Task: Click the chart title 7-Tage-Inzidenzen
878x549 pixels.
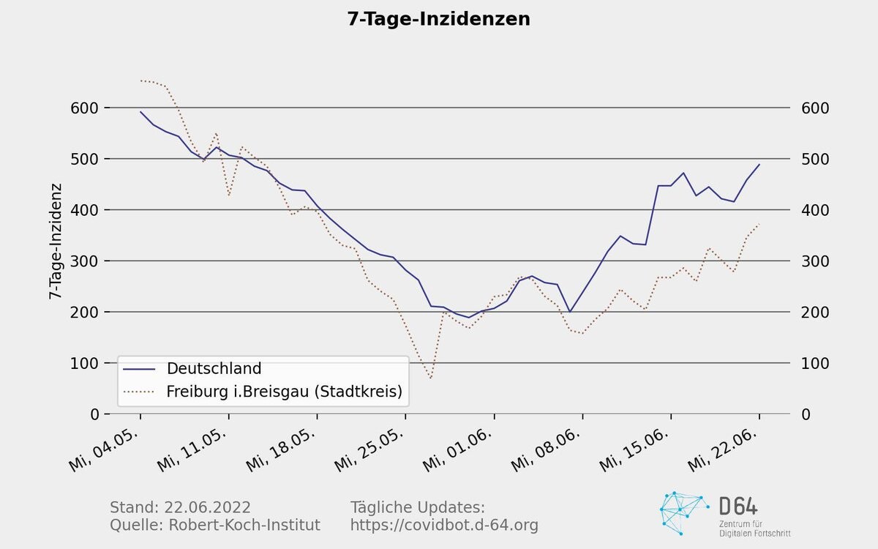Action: click(x=438, y=20)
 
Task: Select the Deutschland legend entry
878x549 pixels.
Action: click(x=214, y=368)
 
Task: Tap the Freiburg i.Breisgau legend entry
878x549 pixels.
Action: click(x=285, y=392)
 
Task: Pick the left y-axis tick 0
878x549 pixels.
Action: click(x=95, y=414)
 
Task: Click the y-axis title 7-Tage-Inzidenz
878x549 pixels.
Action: click(x=55, y=242)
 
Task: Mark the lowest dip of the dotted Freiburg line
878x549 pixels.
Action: click(x=431, y=378)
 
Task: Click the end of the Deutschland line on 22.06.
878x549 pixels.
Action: click(x=759, y=164)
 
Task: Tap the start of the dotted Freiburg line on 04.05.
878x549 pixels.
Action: click(x=140, y=81)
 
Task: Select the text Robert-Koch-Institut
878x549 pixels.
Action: click(x=244, y=525)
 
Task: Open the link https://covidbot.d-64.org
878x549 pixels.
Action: click(x=444, y=525)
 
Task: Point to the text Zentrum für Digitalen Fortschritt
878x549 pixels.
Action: click(x=754, y=529)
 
